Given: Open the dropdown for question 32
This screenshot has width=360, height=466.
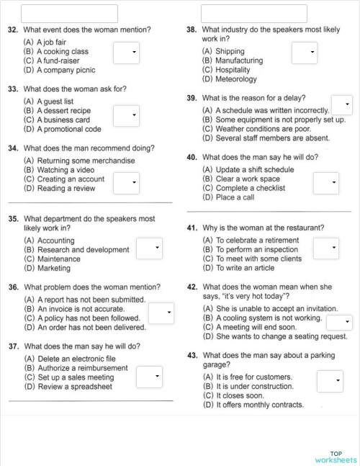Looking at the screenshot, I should coord(126,53).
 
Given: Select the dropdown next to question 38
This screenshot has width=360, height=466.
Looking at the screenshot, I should coord(304,53).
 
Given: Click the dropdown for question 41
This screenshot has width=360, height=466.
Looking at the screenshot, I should coord(325,248).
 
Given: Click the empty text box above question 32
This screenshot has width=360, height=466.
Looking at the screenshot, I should coord(69,13).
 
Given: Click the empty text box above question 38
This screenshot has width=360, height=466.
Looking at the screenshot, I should coord(254,13).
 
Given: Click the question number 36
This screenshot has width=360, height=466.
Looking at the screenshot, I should coord(14,287).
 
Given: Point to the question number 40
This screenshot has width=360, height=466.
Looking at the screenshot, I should coord(192,157).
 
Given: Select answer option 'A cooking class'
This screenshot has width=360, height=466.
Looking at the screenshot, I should coord(62,52).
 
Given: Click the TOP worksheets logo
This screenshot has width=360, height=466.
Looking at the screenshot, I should coord(336,457).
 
